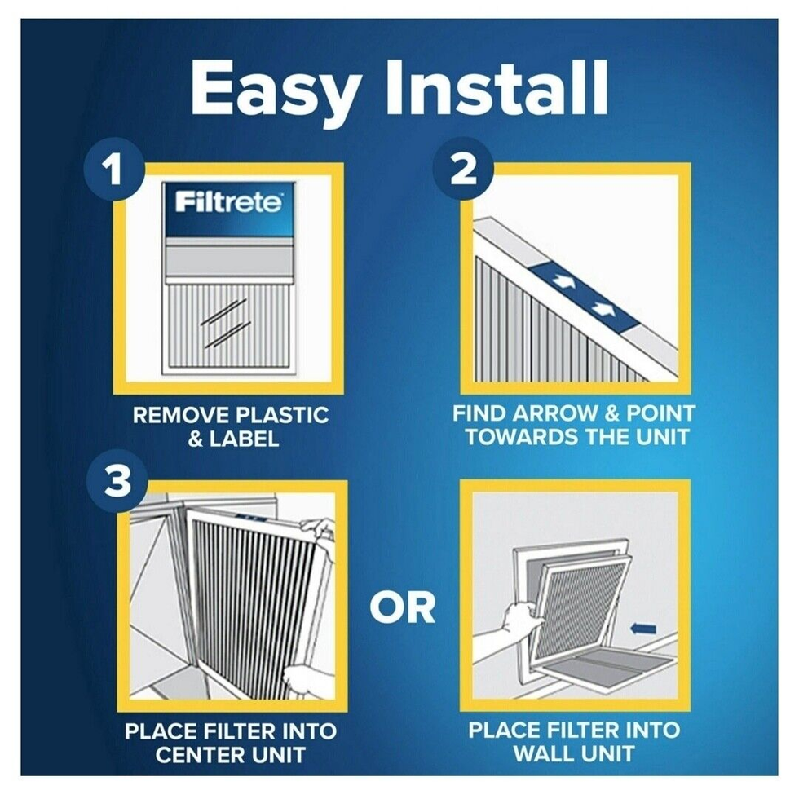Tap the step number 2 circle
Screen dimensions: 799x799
[463, 168]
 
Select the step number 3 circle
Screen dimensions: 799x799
[117, 482]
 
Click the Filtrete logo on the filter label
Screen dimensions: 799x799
[228, 202]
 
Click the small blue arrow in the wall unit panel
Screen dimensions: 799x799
[643, 629]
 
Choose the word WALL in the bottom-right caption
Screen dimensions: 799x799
[542, 753]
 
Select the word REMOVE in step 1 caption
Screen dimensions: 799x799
[179, 415]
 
